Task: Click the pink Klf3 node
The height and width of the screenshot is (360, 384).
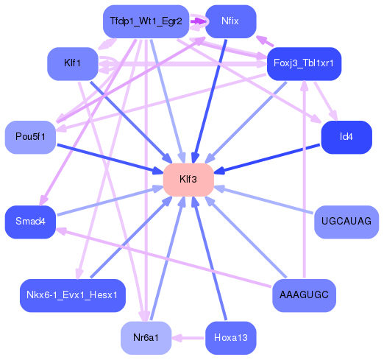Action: (x=188, y=180)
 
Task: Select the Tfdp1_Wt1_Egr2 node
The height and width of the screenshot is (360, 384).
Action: (x=146, y=21)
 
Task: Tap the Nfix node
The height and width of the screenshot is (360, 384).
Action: (x=230, y=21)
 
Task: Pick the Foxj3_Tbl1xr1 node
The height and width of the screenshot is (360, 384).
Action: (x=303, y=63)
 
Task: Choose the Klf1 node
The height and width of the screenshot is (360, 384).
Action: (x=72, y=63)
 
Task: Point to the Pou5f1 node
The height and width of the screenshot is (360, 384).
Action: (x=31, y=137)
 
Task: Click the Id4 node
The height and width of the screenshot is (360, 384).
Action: (x=346, y=137)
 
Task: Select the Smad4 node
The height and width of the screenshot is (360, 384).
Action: (x=31, y=222)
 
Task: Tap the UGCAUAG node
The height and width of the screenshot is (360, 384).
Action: (x=346, y=222)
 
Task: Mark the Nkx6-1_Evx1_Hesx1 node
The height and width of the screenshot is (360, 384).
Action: (x=72, y=295)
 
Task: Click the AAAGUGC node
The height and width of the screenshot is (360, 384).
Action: (x=303, y=295)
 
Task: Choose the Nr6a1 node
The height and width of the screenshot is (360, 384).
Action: (x=146, y=338)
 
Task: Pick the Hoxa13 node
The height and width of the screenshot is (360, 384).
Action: (x=230, y=338)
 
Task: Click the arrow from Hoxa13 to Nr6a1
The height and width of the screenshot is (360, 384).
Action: (x=188, y=338)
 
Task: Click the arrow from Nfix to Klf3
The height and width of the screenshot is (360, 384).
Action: (x=209, y=96)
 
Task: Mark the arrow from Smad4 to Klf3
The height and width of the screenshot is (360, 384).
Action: (x=110, y=201)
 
